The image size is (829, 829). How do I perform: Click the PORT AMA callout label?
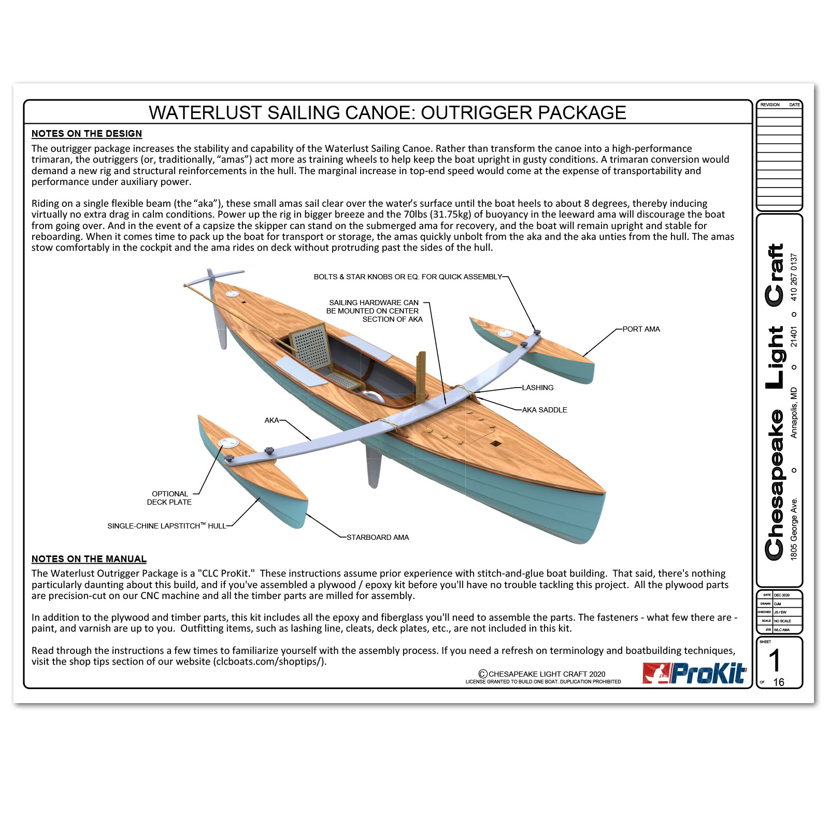[x=641, y=329]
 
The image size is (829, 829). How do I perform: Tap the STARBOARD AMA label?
[x=378, y=537]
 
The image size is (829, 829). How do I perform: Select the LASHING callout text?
[x=537, y=388]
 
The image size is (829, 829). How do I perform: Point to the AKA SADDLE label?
[x=544, y=410]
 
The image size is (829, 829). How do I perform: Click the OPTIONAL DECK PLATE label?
[x=169, y=498]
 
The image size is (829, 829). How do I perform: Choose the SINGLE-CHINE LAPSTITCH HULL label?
[x=166, y=526]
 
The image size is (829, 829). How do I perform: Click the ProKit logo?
[x=694, y=674]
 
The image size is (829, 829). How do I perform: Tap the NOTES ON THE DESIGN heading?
[x=87, y=134]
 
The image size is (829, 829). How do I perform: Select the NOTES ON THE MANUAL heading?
[x=89, y=559]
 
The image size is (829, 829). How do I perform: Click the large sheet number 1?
[x=774, y=661]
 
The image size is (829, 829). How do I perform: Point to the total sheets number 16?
[x=779, y=682]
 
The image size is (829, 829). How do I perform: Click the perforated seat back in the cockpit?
[x=311, y=347]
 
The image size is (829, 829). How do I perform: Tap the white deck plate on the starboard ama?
[x=228, y=443]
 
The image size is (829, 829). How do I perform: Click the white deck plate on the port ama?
[x=505, y=333]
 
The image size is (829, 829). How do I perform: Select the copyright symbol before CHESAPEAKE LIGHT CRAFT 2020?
[x=483, y=674]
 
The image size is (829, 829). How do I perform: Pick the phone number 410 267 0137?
[x=794, y=277]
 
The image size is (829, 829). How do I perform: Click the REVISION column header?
[x=769, y=105]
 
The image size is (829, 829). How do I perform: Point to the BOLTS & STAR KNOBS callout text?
[x=408, y=277]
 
